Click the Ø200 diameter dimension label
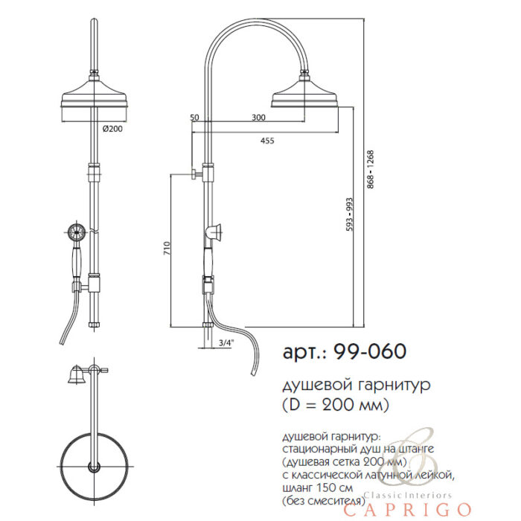[112, 129]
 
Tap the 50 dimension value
[194, 118]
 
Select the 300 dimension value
[258, 118]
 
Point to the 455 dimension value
[267, 141]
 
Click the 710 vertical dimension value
[167, 248]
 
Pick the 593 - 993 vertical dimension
[349, 214]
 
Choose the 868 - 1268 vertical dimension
[371, 170]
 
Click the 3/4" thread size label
[226, 342]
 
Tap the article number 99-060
[370, 351]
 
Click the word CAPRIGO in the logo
[407, 509]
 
